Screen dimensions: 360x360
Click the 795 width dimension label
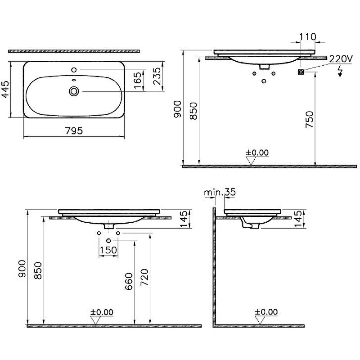(74, 131)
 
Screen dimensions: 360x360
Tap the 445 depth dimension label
(5, 89)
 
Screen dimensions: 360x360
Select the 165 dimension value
(138, 81)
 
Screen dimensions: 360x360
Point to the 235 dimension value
(157, 76)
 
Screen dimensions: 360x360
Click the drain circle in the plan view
(74, 91)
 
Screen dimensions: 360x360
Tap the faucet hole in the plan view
(74, 70)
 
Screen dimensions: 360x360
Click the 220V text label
(341, 59)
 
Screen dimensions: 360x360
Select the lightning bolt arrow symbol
(340, 71)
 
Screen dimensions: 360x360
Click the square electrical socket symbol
(301, 72)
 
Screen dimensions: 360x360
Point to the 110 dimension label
(308, 37)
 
